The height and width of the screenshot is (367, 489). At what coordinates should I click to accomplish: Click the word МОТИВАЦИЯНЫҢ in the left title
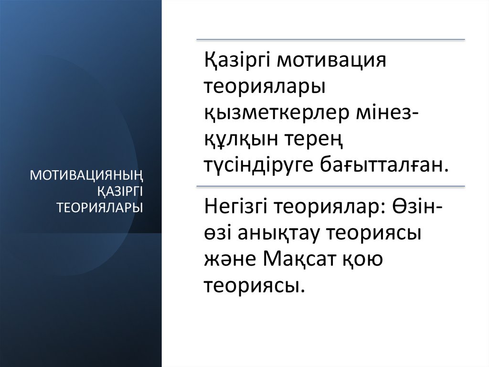(87, 176)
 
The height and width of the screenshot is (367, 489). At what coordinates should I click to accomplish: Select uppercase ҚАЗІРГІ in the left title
(120, 191)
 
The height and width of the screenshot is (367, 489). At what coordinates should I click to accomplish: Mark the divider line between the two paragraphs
(330, 186)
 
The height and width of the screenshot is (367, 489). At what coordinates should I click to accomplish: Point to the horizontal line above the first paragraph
(330, 40)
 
